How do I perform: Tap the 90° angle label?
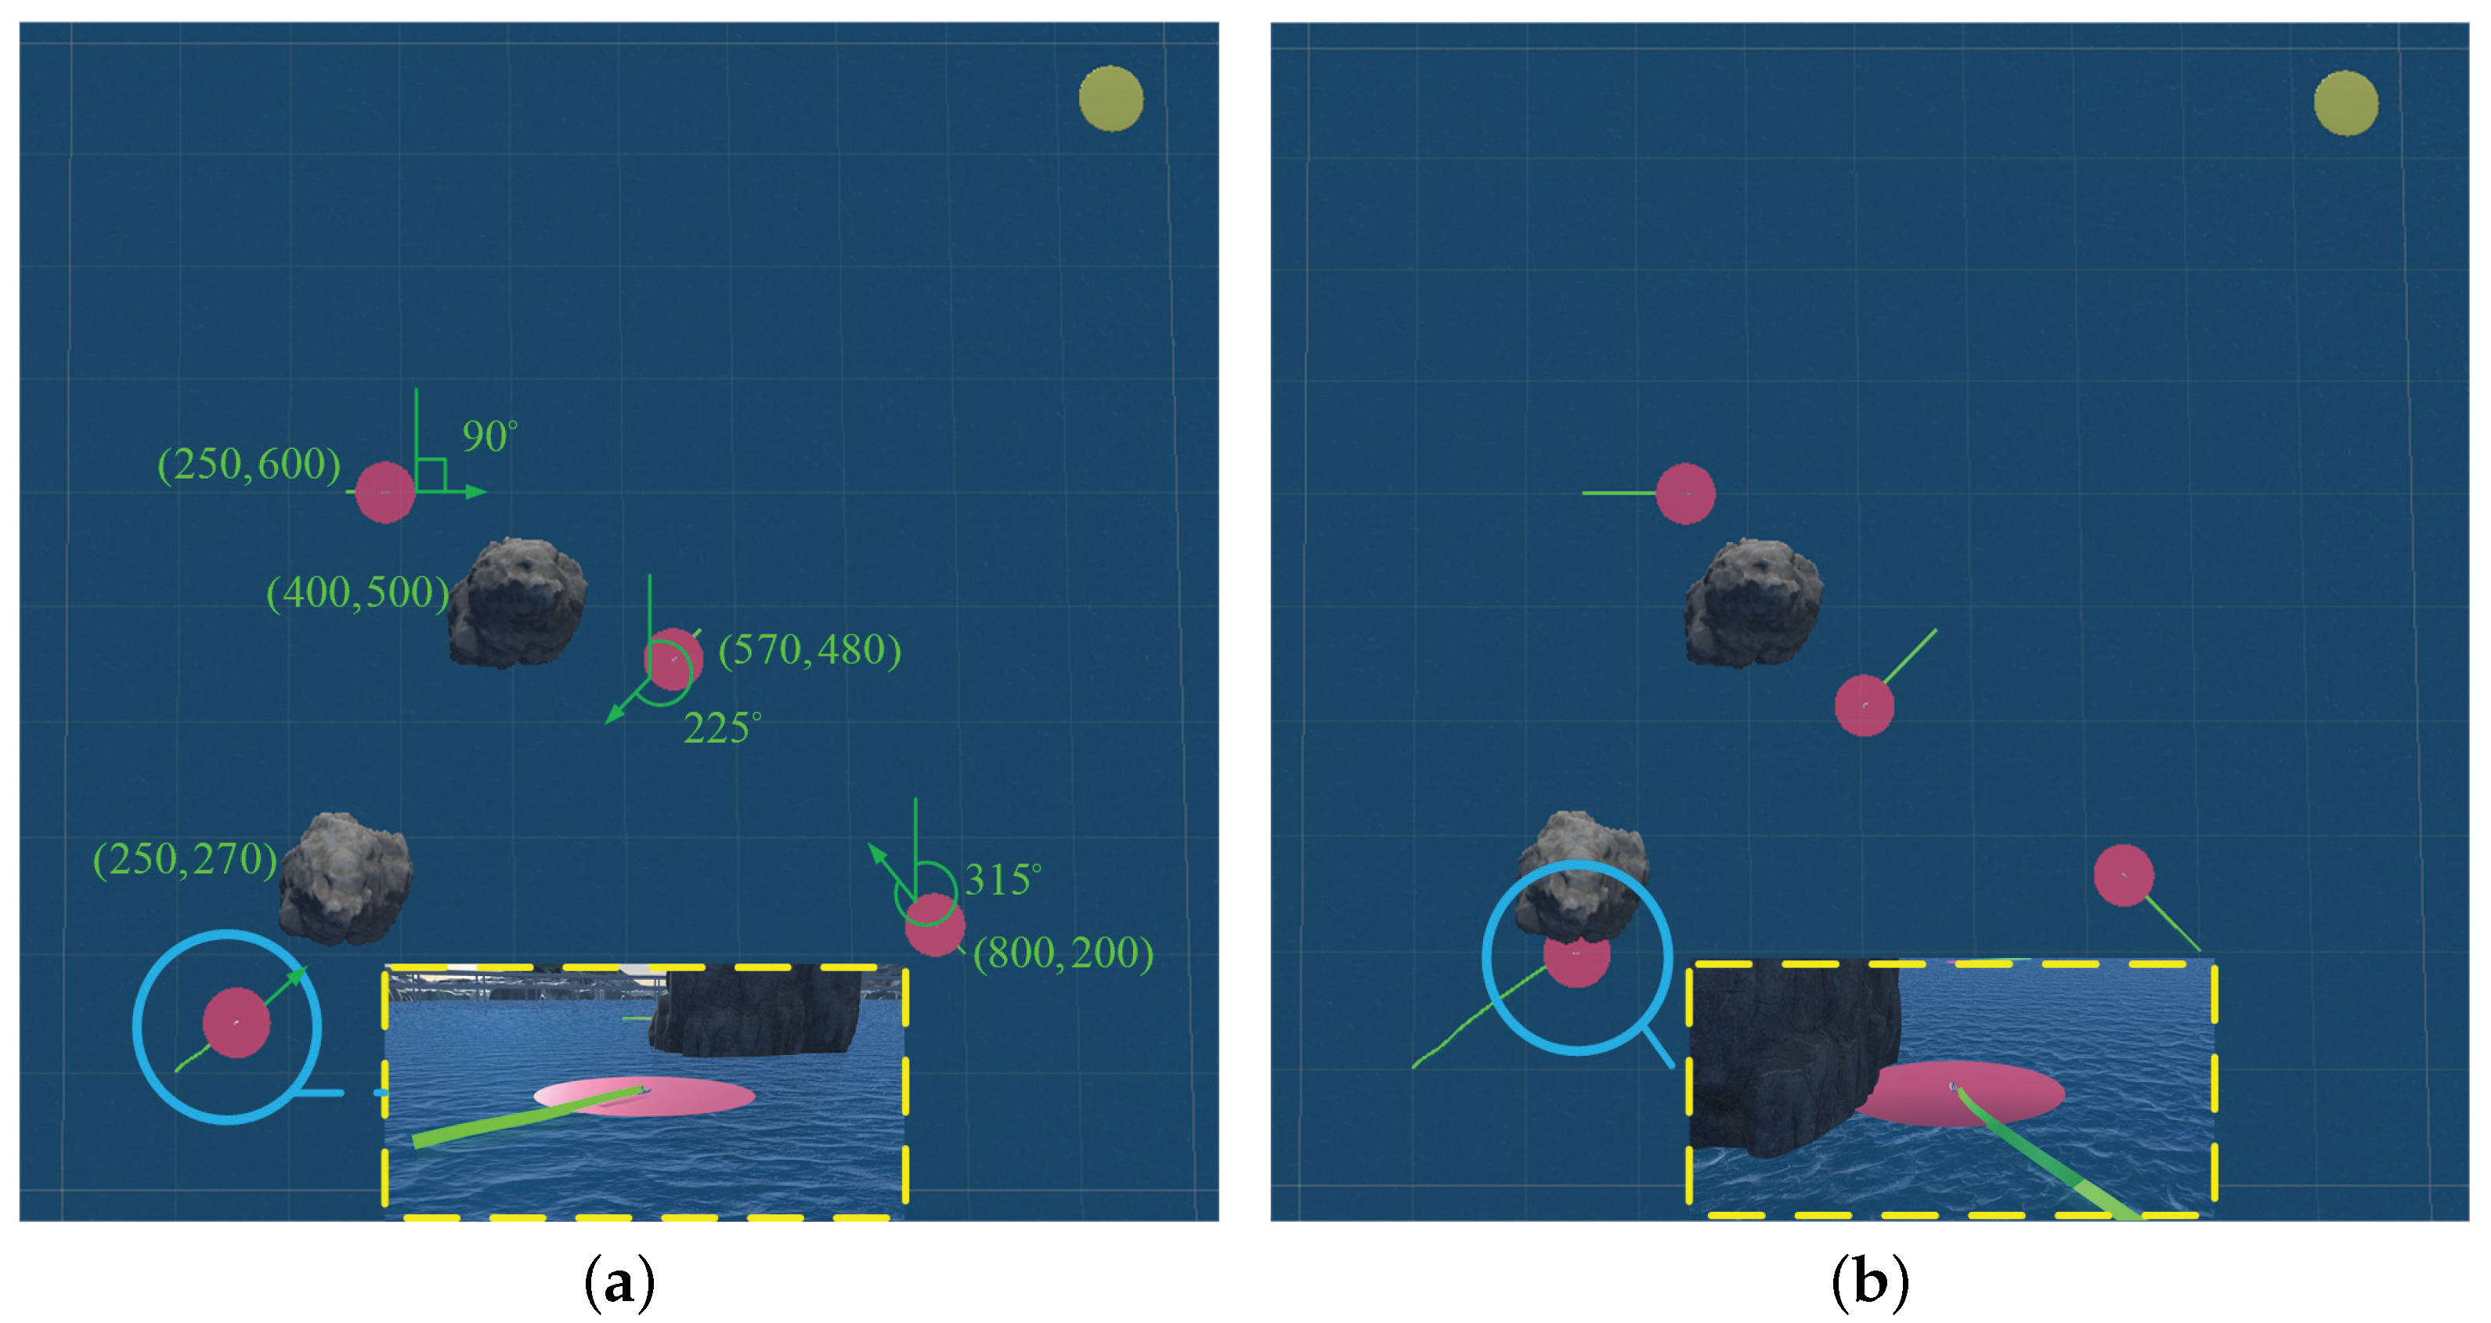point(489,437)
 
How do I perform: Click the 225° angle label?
point(721,729)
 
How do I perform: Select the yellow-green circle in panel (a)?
point(1111,99)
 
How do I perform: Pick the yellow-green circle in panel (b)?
point(2346,103)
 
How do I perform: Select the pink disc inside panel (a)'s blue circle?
point(236,1022)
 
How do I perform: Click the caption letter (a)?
point(619,1282)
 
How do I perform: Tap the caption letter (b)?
point(1869,1282)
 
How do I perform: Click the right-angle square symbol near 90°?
point(431,475)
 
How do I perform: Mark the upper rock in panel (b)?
point(1753,602)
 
